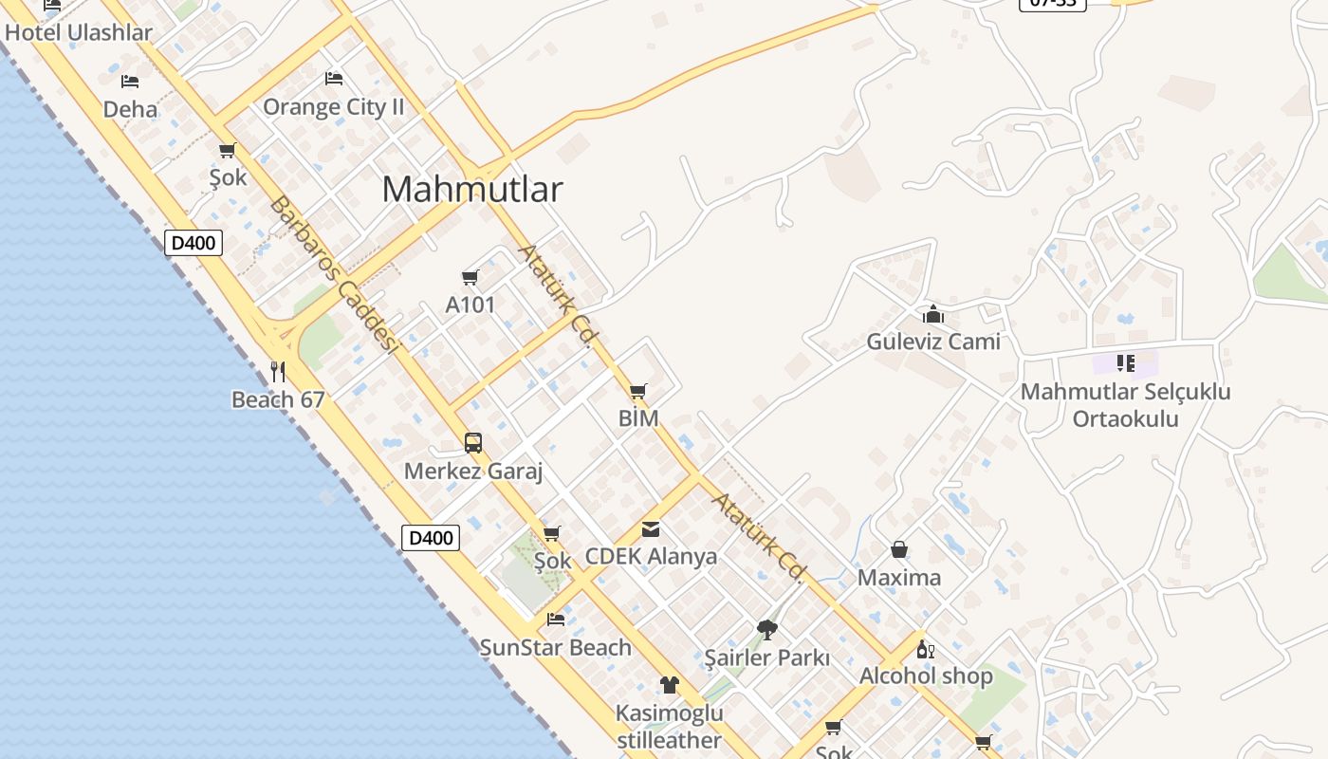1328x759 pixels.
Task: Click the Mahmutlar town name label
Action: pyautogui.click(x=471, y=190)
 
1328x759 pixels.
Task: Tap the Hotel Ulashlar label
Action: pyautogui.click(x=79, y=32)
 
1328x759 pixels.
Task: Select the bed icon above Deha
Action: pyautogui.click(x=130, y=82)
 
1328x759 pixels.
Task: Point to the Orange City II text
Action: pyautogui.click(x=333, y=107)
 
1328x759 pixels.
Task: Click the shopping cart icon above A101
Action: pyautogui.click(x=470, y=277)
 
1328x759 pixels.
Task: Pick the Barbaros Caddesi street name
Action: pyautogui.click(x=332, y=273)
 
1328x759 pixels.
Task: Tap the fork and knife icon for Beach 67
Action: pyautogui.click(x=278, y=371)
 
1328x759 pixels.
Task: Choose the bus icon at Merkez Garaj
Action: pyautogui.click(x=472, y=442)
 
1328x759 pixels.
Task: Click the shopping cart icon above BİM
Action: pyautogui.click(x=638, y=391)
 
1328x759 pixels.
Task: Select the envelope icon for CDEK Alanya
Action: pyautogui.click(x=651, y=529)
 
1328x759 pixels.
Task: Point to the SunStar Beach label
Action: pyautogui.click(x=555, y=648)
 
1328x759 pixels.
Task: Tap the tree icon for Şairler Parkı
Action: pyautogui.click(x=766, y=629)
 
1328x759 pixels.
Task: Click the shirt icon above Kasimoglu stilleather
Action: pyautogui.click(x=670, y=684)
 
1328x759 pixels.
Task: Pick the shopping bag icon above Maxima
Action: pyautogui.click(x=899, y=549)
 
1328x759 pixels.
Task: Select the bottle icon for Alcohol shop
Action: pyautogui.click(x=925, y=650)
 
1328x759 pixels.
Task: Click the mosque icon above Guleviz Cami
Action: pyautogui.click(x=933, y=313)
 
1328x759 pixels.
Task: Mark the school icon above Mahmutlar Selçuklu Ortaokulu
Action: pyautogui.click(x=1126, y=362)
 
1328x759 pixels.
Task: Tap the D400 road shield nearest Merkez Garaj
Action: pyautogui.click(x=431, y=538)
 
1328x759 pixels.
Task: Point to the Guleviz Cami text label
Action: pyautogui.click(x=933, y=342)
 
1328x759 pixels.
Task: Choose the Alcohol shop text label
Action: pyautogui.click(x=926, y=676)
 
